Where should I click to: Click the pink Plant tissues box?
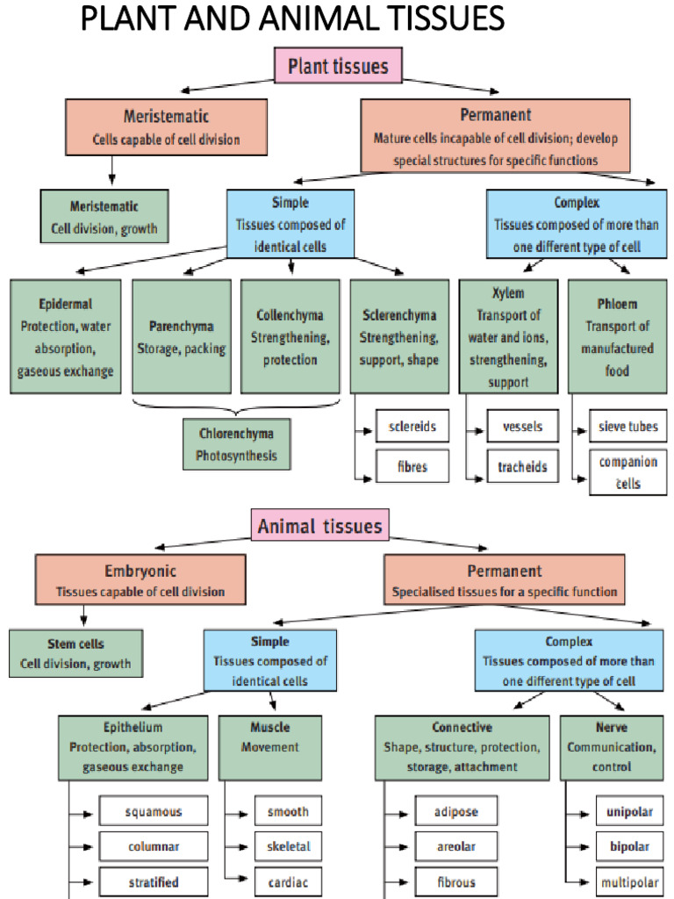click(338, 65)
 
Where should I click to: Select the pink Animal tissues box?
click(319, 526)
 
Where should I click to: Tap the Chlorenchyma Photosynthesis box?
click(236, 444)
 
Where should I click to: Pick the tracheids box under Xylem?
click(523, 466)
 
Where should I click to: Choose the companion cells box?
click(627, 471)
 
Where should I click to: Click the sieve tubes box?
click(627, 428)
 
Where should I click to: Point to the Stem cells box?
click(75, 653)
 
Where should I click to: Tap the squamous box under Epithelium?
click(153, 811)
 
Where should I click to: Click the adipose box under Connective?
click(456, 811)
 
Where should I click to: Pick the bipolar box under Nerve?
click(623, 846)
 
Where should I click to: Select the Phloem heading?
click(617, 304)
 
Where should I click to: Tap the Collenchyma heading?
click(290, 314)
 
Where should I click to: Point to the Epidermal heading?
click(66, 304)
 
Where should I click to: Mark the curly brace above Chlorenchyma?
click(235, 408)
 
